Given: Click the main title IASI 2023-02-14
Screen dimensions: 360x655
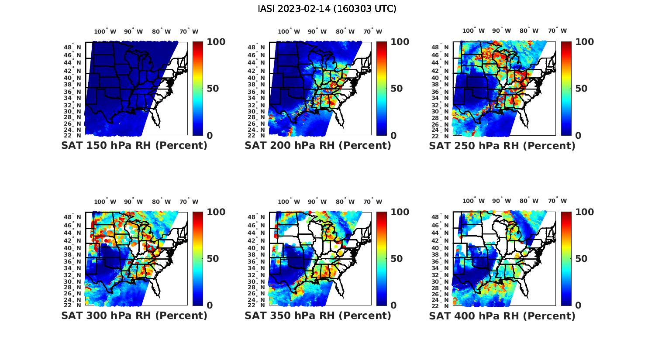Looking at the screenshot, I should coord(327,9).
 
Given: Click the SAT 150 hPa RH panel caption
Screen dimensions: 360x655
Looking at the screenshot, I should coord(134,146).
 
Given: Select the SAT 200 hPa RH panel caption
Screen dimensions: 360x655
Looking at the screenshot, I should coord(318,146).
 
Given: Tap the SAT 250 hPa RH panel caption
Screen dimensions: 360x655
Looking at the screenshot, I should coord(502,146).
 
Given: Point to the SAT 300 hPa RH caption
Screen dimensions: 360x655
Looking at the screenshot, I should coord(134,315).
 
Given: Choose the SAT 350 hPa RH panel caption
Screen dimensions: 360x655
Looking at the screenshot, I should coord(318,315).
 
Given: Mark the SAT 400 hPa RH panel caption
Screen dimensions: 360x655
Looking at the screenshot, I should coord(502,315).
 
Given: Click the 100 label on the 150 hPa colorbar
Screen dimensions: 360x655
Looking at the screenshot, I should coord(216,42).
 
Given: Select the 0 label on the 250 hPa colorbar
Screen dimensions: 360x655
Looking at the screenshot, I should coord(578,136).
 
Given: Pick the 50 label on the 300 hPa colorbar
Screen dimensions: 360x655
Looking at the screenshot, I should coord(212,259).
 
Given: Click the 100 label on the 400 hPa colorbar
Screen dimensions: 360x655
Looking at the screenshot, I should coord(585,212).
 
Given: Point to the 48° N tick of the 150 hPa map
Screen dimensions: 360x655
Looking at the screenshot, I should coord(72,47).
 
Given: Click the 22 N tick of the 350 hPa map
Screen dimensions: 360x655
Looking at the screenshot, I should coord(256,305).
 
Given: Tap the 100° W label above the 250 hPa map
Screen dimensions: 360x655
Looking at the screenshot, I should coord(474,31).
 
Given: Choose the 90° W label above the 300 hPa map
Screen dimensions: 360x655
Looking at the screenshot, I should coord(133,202).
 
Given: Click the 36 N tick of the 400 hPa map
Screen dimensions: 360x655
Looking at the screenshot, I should coord(441,262).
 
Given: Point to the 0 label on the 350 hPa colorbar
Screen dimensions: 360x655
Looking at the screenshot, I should coord(393,305).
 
